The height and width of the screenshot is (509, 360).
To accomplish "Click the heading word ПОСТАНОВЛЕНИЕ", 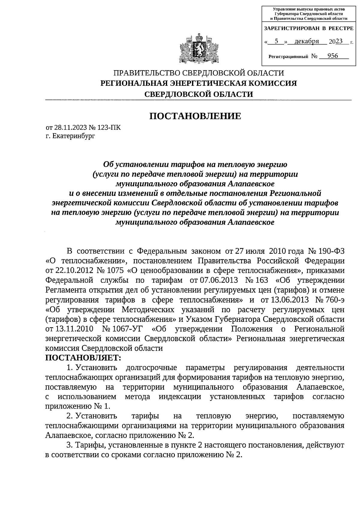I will click(195, 116).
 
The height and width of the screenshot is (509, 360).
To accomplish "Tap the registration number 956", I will click(333, 56).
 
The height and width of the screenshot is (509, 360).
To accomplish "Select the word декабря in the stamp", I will click(307, 41).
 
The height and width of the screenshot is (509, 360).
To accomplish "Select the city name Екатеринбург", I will click(73, 136).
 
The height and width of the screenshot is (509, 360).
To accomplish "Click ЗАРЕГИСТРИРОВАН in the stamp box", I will click(290, 28).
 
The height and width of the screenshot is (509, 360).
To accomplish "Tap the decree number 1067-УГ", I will click(127, 329).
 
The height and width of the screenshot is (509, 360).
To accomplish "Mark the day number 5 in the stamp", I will click(276, 41).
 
